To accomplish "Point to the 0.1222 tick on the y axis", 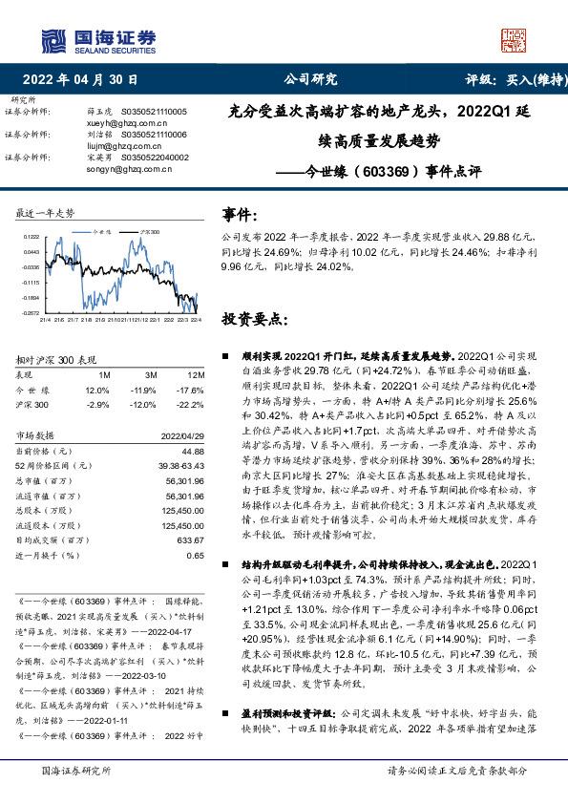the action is [x=31, y=237].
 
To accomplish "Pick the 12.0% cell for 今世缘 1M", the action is [x=97, y=391].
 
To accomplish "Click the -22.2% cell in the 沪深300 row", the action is [x=193, y=405].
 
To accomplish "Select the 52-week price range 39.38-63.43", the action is [x=179, y=465].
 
